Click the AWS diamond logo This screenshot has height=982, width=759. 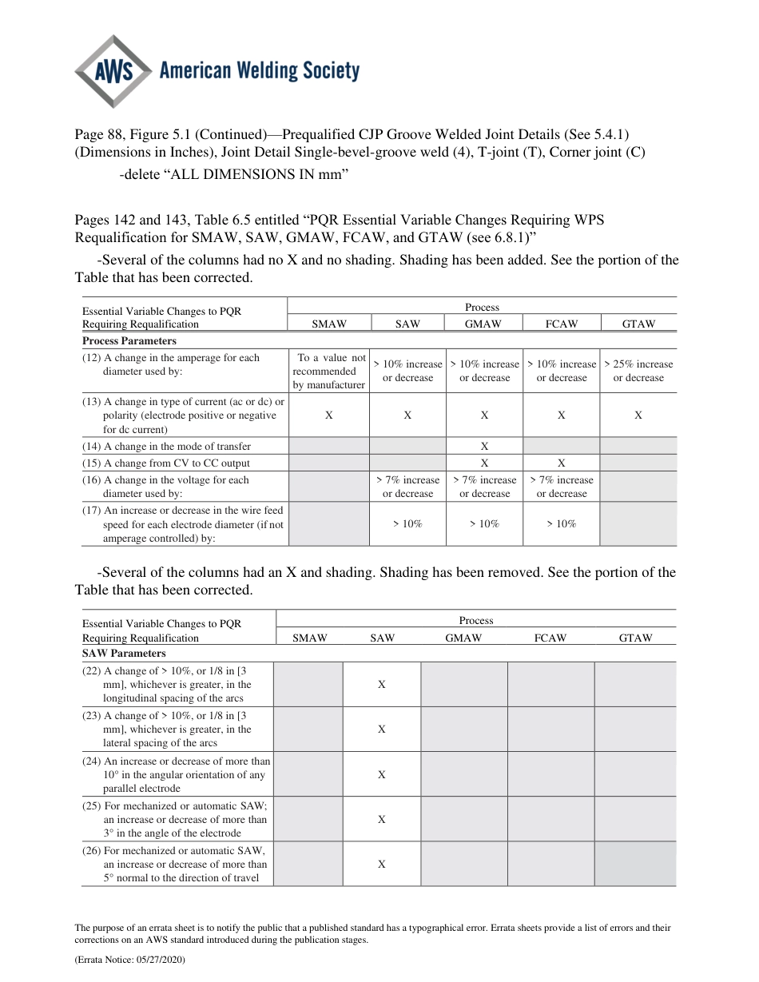pyautogui.click(x=113, y=72)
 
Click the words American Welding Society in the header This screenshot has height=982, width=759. pyautogui.click(x=259, y=72)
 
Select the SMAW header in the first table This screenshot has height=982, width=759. pyautogui.click(x=328, y=324)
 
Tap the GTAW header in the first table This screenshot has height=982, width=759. pyautogui.click(x=638, y=324)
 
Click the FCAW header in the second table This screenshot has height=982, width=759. pyautogui.click(x=550, y=638)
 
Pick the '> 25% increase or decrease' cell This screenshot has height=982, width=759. pyautogui.click(x=638, y=371)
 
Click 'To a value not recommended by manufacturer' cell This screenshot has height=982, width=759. pyautogui.click(x=329, y=372)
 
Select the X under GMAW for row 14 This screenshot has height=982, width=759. pyautogui.click(x=484, y=447)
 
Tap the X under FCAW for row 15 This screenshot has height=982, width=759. pyautogui.click(x=561, y=463)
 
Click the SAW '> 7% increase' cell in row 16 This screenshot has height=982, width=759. pyautogui.click(x=407, y=487)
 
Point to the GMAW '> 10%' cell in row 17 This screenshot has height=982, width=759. pyautogui.click(x=484, y=523)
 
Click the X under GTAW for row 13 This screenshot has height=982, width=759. pyautogui.click(x=638, y=415)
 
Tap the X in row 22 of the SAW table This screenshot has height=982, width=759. pyautogui.click(x=381, y=685)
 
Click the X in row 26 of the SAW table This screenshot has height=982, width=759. pyautogui.click(x=381, y=864)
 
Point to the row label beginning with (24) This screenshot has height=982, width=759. pyautogui.click(x=177, y=774)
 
